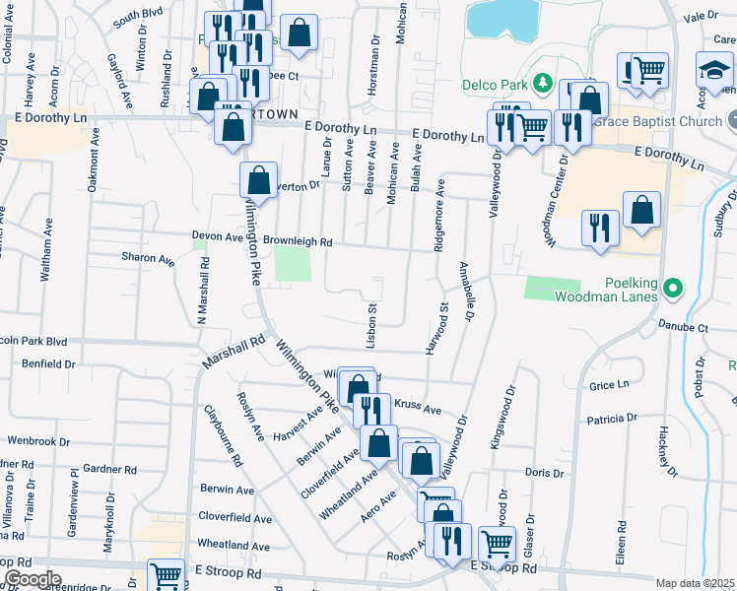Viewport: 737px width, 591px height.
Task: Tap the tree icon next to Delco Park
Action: click(542, 81)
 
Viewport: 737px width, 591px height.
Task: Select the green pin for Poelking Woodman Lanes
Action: click(673, 289)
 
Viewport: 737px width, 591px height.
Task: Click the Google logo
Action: click(32, 579)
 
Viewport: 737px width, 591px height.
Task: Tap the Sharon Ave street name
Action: click(147, 258)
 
